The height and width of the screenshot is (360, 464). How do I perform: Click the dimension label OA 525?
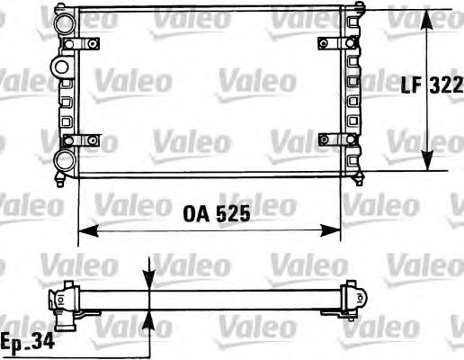(217, 213)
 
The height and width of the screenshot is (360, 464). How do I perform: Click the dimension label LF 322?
(432, 85)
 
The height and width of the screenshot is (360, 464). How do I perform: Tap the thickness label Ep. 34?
(28, 341)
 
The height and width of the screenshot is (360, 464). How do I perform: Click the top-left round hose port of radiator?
(64, 23)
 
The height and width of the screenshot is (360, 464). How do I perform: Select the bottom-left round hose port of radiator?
(64, 161)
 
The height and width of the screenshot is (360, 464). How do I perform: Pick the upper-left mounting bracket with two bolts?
(81, 44)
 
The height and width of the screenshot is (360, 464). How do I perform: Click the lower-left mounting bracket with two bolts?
(81, 140)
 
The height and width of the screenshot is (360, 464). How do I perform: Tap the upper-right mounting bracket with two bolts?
(337, 43)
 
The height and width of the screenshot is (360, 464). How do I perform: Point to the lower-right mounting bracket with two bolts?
(337, 139)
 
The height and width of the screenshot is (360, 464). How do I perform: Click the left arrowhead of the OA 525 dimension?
(88, 231)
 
